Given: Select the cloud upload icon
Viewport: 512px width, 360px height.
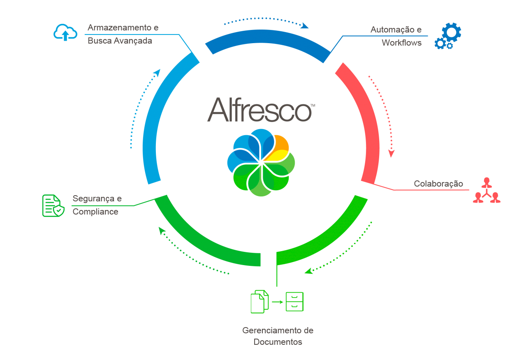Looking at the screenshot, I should [65, 32].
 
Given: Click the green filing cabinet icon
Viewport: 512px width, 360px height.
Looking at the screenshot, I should [294, 302].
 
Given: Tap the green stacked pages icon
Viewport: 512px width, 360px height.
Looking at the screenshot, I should [259, 301].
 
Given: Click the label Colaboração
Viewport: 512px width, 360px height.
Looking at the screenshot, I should [438, 184].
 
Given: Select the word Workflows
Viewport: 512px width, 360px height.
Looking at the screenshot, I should [401, 42].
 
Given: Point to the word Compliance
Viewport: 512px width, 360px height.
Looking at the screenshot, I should [95, 212].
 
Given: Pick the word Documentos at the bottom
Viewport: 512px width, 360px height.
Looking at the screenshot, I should [278, 342].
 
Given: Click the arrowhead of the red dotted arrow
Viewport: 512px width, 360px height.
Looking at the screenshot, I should [392, 154].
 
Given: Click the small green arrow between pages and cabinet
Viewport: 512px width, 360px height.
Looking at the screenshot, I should [278, 302].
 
